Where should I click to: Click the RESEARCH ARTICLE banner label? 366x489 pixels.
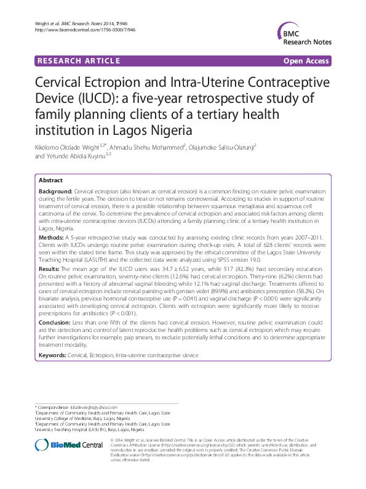point(78,61)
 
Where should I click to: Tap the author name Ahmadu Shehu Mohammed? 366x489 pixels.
point(156,147)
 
